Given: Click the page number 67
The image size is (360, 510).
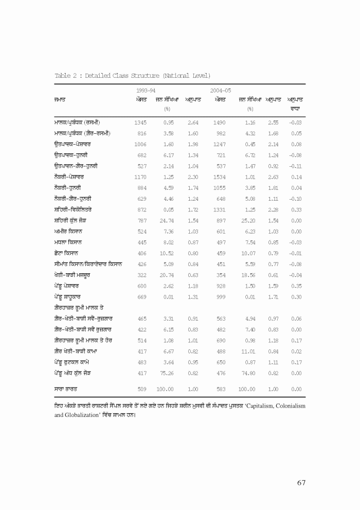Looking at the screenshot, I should (301, 482).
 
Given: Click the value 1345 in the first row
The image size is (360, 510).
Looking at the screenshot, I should (140, 122).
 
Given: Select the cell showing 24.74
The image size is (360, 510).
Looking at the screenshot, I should (167, 220).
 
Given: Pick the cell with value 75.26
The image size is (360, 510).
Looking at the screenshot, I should (167, 372).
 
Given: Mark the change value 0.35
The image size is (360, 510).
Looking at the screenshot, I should (295, 285).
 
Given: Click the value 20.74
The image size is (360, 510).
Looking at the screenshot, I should (167, 274).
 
